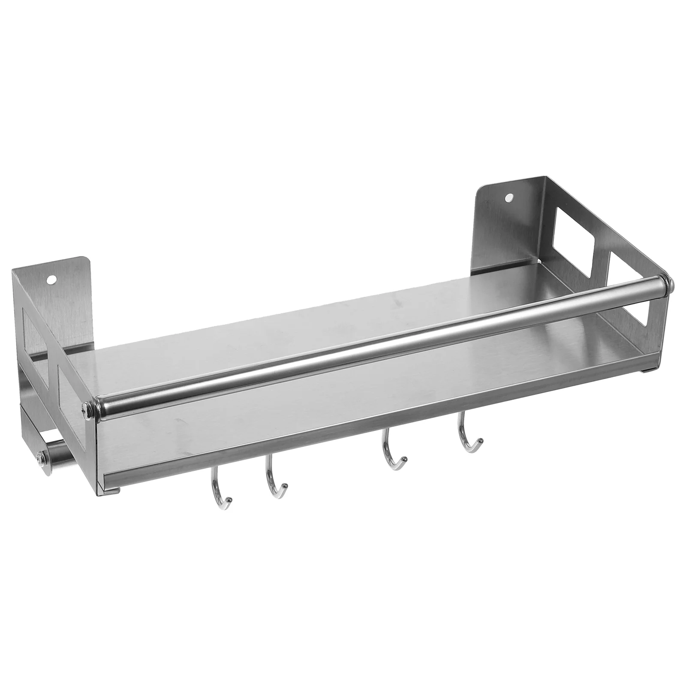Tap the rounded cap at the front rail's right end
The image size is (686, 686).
[670, 283]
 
